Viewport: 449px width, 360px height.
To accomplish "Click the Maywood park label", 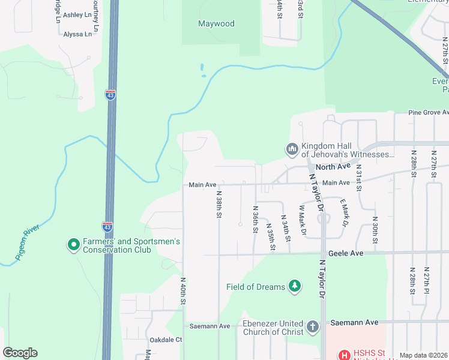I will [x=216, y=24].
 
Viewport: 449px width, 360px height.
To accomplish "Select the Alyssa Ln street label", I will [x=77, y=34].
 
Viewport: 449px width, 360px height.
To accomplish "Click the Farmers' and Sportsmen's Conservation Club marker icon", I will [x=73, y=245].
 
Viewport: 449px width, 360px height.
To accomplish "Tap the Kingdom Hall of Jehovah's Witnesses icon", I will [x=292, y=148].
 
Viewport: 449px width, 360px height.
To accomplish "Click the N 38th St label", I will [x=220, y=204].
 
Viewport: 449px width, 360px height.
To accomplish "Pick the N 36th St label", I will [x=256, y=219].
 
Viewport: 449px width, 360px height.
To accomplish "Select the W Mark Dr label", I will [x=303, y=220].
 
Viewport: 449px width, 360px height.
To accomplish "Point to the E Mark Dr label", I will [x=344, y=213].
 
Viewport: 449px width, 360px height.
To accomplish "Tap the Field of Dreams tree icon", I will [x=295, y=286].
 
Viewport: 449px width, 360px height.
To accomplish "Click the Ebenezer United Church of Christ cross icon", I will [x=312, y=327].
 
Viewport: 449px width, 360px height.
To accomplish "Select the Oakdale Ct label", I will [x=166, y=340].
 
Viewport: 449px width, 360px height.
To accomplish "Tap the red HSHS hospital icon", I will [x=345, y=355].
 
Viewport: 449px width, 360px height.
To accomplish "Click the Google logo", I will [x=20, y=353].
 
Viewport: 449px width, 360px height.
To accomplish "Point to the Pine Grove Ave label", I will [x=428, y=112].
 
